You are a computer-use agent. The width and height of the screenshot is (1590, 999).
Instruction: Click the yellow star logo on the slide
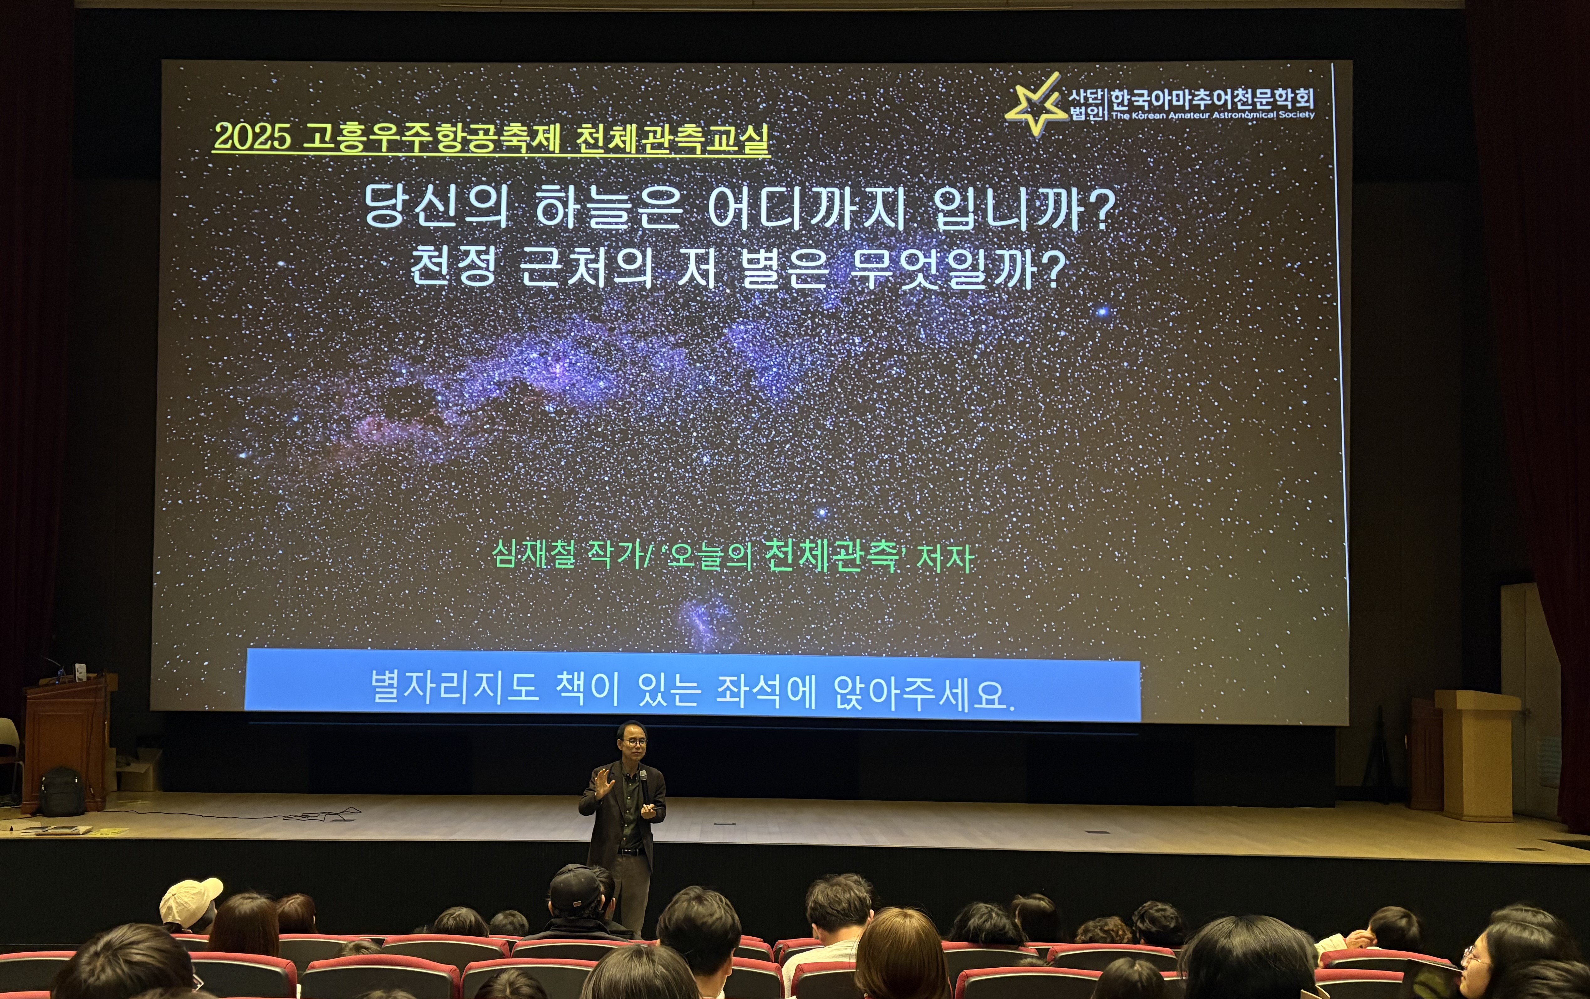(x=1035, y=106)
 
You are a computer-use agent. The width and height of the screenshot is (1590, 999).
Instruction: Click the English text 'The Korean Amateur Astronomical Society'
(x=1212, y=115)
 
